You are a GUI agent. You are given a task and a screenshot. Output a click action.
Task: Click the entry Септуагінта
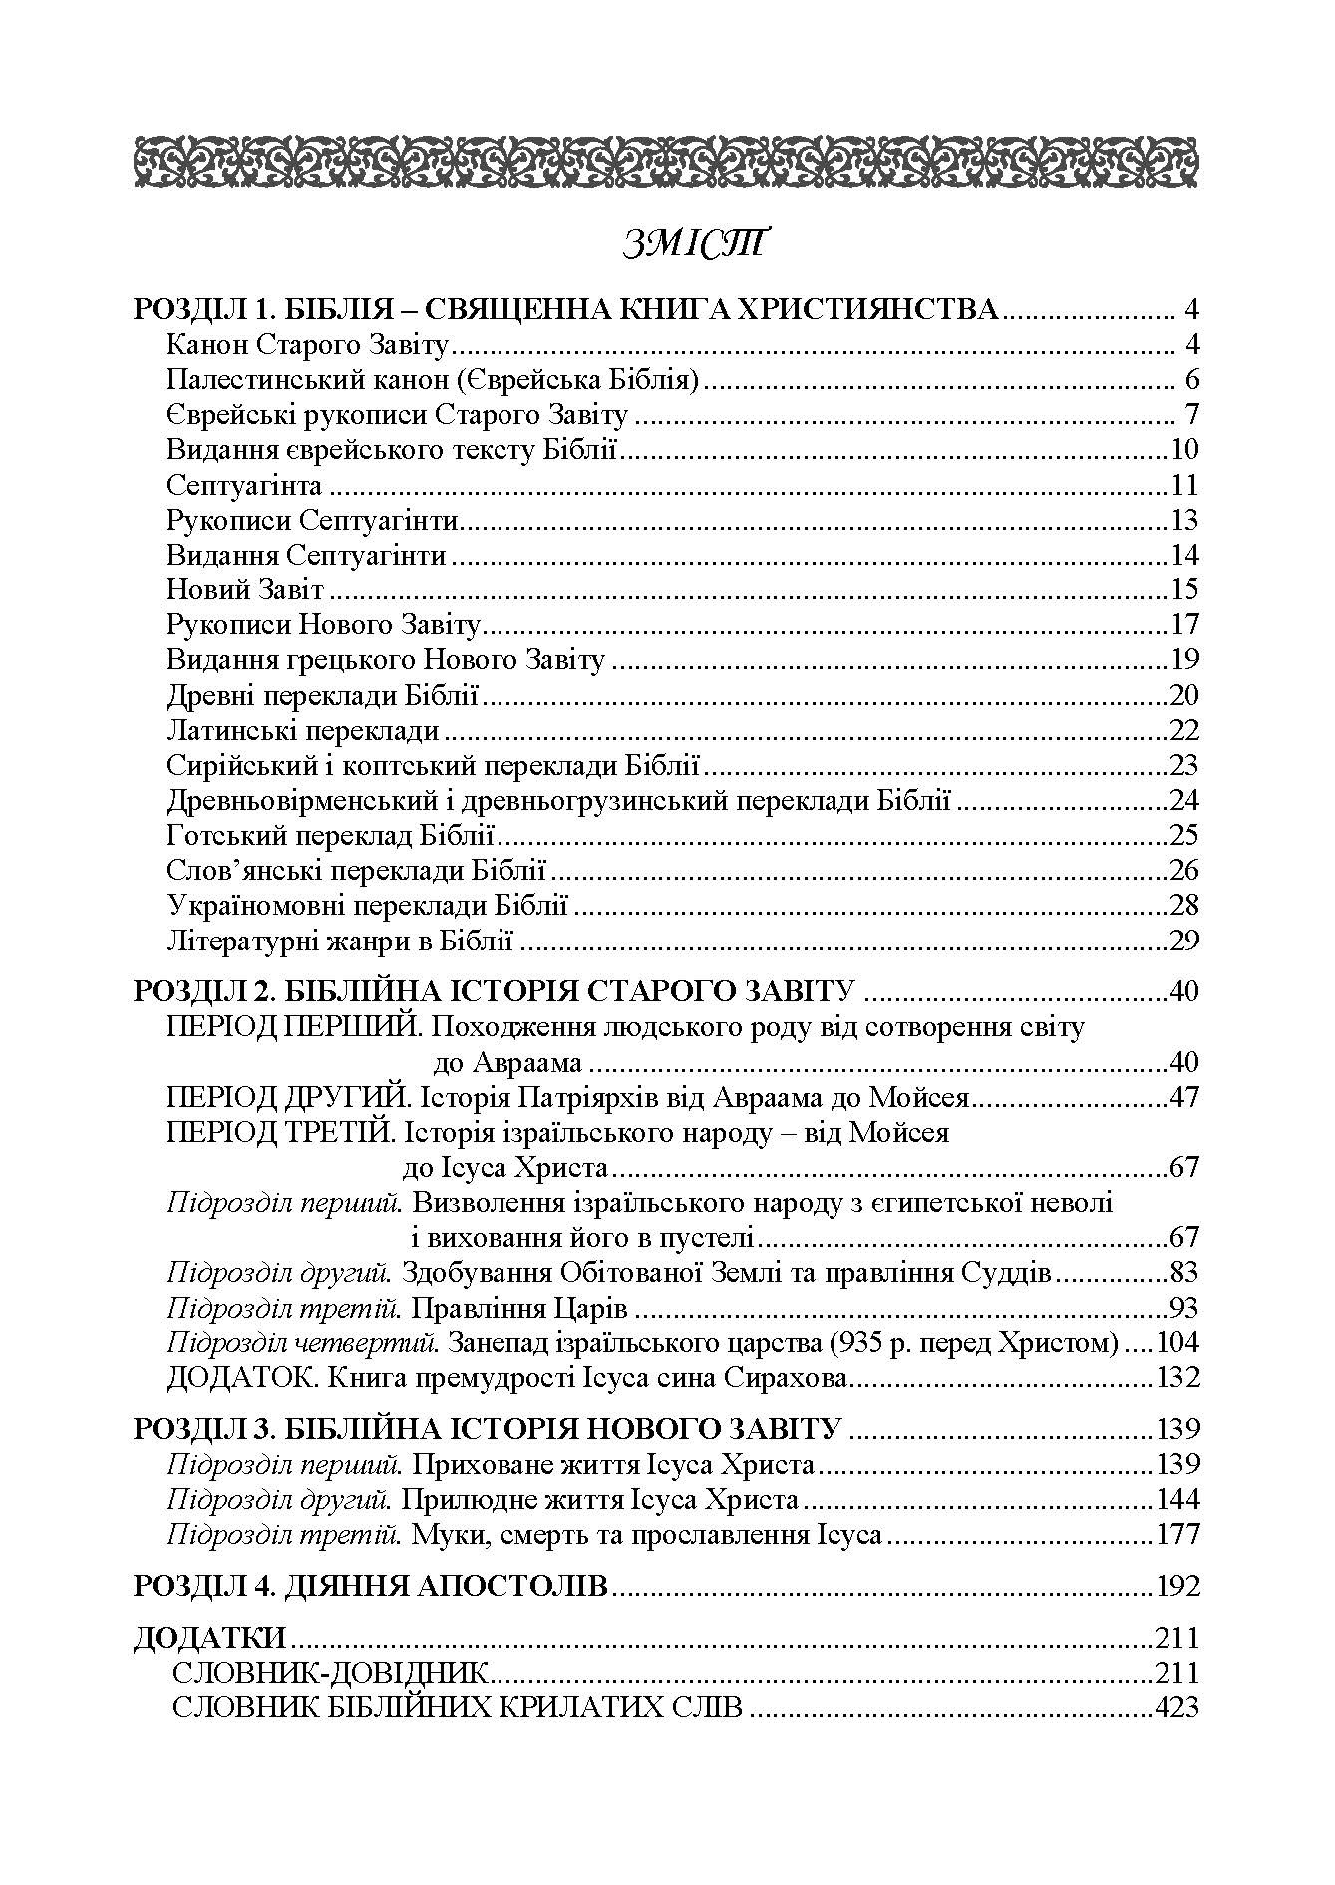244,486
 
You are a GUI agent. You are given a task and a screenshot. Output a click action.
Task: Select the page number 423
1175,1708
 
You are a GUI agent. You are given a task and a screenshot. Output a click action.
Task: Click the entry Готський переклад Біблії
332,835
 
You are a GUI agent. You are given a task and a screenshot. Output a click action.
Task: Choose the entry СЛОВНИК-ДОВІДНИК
330,1674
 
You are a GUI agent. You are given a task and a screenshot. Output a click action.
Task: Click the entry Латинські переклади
303,731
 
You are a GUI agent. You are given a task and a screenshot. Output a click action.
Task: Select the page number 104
1175,1343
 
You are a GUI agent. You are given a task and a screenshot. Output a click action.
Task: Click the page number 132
1175,1378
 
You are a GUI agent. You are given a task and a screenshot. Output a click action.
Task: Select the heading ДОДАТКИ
209,1639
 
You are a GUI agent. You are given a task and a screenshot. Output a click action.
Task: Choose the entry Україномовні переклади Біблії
367,906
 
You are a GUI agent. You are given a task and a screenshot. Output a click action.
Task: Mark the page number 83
1182,1274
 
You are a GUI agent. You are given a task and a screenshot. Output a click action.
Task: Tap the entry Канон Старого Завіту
310,347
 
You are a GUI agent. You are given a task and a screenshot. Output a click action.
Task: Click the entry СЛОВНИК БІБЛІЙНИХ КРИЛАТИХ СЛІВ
458,1708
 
